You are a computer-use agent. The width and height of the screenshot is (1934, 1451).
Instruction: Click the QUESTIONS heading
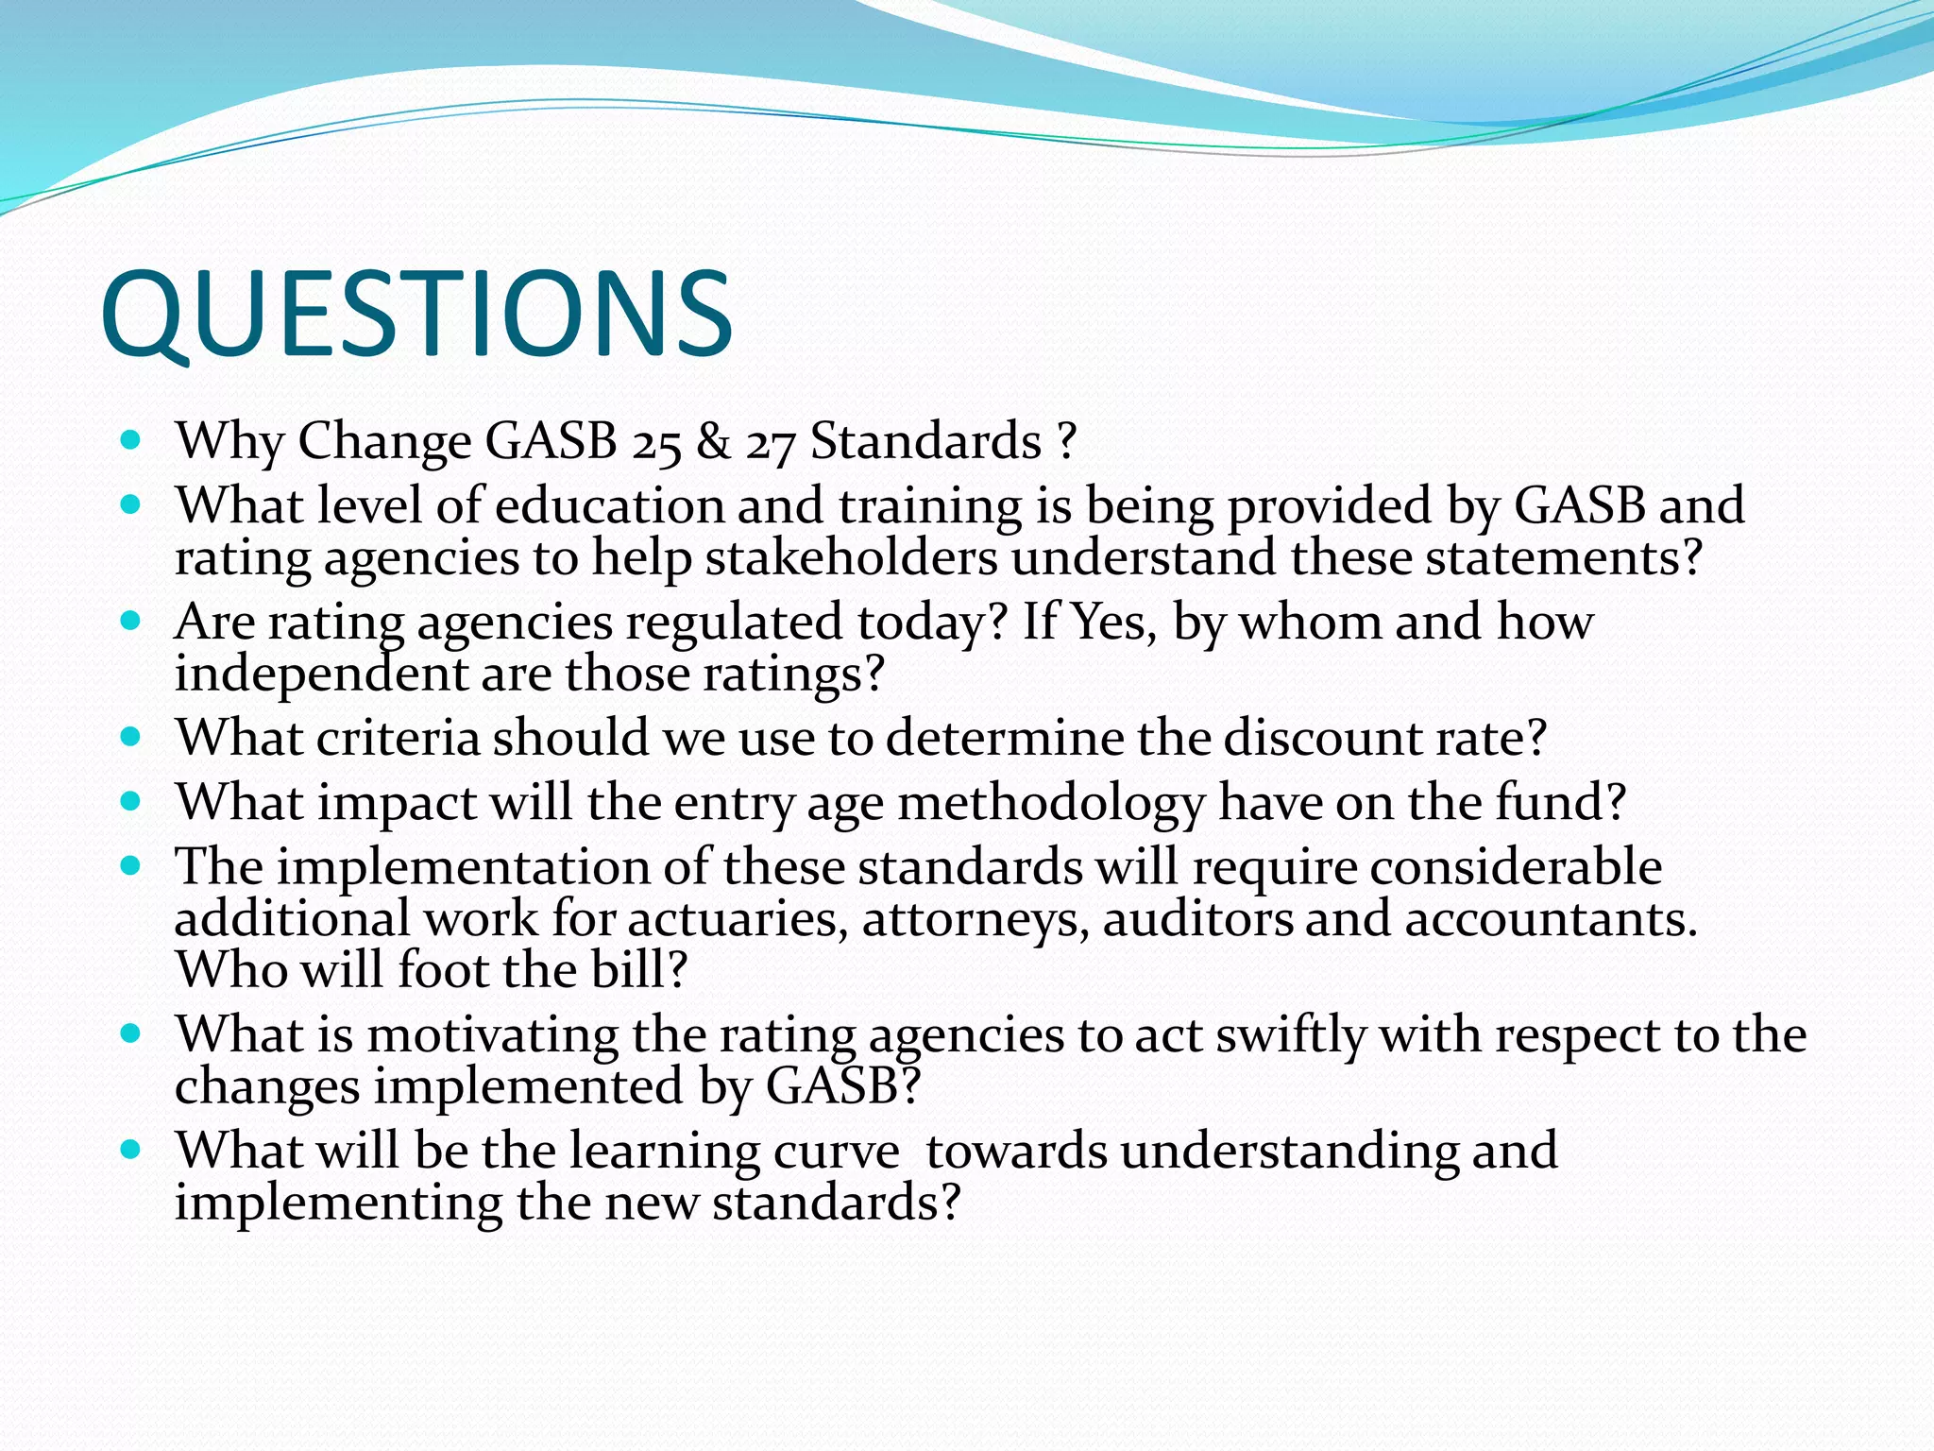416,314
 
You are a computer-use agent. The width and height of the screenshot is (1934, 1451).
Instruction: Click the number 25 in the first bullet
656,442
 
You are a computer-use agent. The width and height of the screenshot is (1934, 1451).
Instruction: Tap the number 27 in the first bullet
770,442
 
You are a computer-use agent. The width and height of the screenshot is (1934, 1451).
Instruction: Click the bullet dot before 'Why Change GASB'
131,440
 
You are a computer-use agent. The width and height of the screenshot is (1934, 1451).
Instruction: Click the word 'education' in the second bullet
609,505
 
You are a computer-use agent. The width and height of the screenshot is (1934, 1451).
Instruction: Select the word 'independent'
321,674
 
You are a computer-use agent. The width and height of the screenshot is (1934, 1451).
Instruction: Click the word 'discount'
1322,738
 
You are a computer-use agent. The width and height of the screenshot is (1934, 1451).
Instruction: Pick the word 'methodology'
1050,804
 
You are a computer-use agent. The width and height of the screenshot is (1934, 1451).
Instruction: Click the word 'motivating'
492,1035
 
